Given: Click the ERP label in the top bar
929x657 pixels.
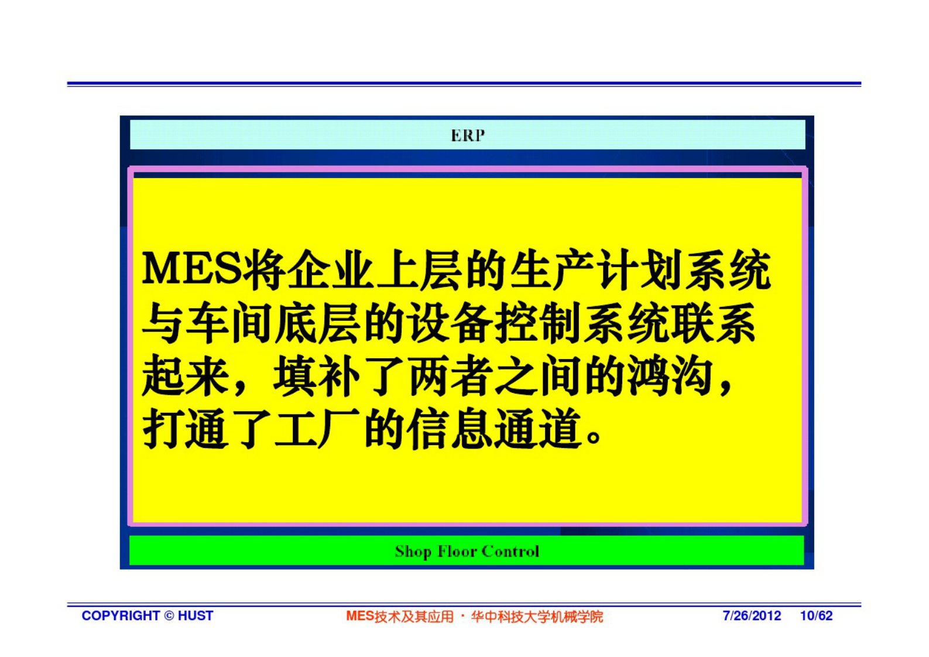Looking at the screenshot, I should point(468,136).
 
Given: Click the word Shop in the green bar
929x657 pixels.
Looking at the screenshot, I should point(413,552).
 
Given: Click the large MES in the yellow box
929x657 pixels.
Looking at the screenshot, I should point(191,270).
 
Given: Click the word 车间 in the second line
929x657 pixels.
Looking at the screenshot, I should point(229,323).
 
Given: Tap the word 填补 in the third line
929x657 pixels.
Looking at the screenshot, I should point(316,377).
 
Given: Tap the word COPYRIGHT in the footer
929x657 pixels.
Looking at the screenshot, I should point(121,616).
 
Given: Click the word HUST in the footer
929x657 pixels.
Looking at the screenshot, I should point(196,616).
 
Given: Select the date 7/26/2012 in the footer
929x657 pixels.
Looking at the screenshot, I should point(752,616).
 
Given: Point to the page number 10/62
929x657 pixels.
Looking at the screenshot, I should point(816,616).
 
